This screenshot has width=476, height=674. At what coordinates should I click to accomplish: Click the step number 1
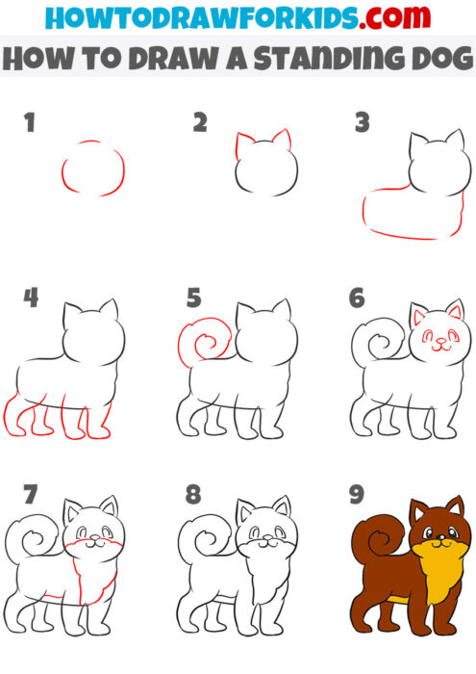tap(30, 124)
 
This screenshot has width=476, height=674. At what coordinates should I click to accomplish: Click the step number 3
tap(362, 123)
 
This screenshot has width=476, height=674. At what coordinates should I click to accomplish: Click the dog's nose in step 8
tap(259, 540)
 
